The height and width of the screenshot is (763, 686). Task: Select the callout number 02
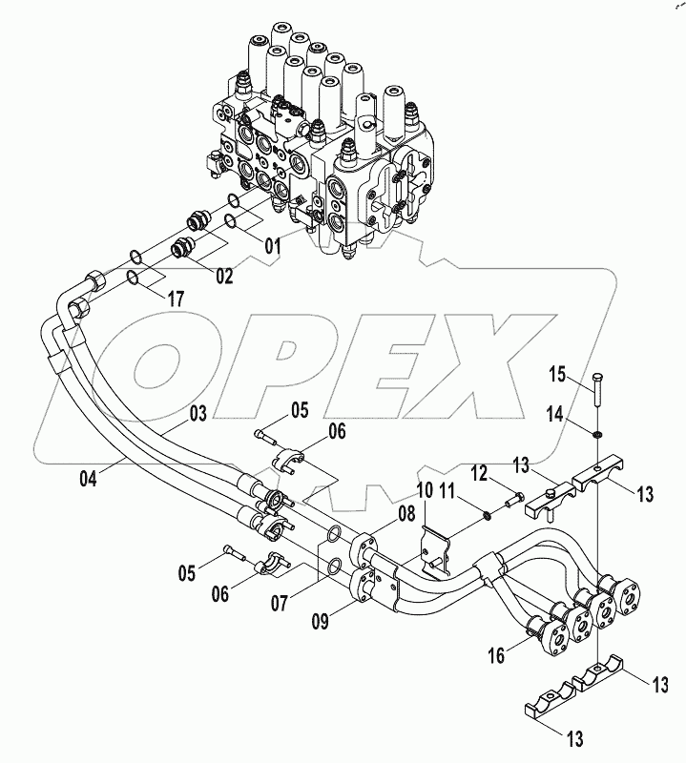(224, 277)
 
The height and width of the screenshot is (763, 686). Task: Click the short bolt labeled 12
(511, 497)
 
